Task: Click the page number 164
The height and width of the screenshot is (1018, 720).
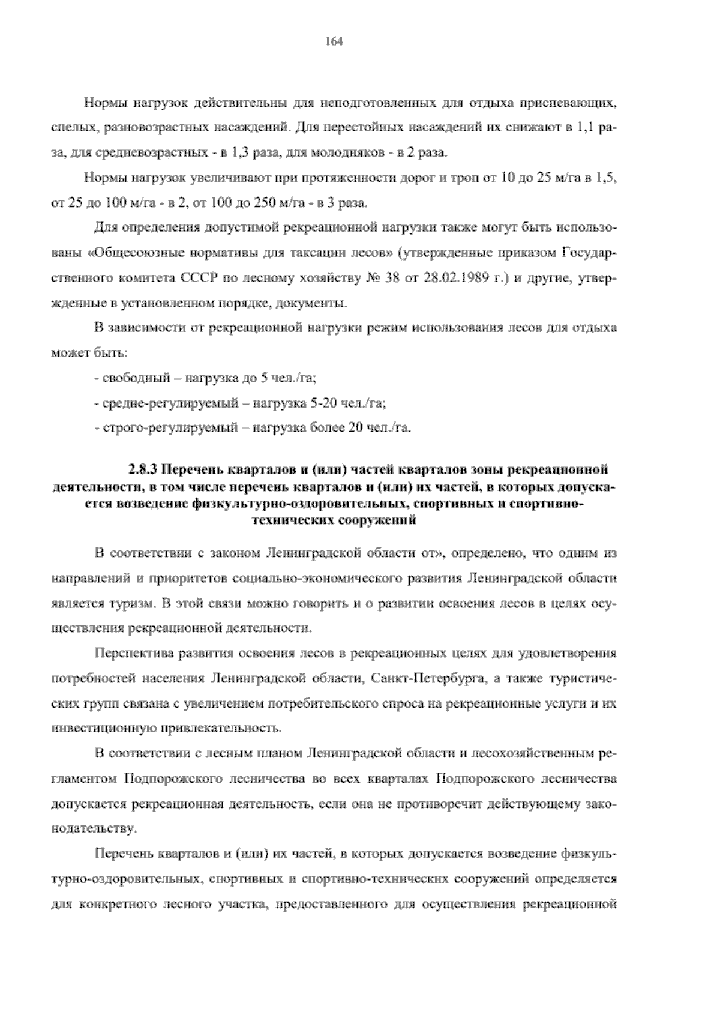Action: click(x=334, y=41)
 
